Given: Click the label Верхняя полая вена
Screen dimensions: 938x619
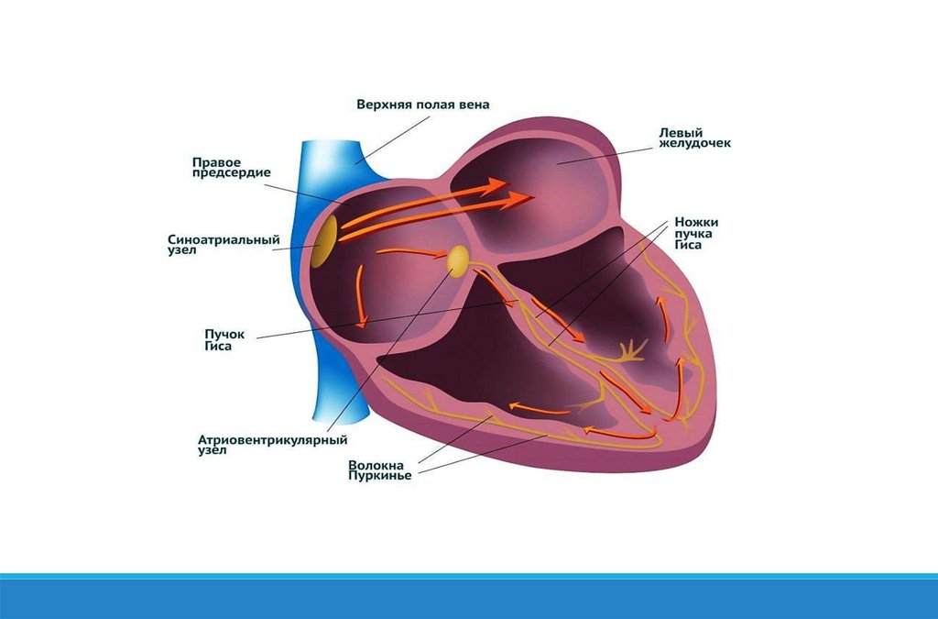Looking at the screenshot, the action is [422, 105].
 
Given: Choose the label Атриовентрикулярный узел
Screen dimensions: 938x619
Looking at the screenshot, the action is [272, 446].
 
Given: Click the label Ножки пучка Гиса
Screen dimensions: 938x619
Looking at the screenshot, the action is [696, 234].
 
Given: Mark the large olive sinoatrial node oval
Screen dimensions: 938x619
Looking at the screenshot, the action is [322, 242].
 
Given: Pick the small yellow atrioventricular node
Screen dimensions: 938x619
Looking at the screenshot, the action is [457, 260].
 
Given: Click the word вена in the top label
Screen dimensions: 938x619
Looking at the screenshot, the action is [474, 105].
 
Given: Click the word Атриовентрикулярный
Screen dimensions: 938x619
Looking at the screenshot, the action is [272, 440].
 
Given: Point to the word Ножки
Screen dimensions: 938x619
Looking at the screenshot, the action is [696, 222].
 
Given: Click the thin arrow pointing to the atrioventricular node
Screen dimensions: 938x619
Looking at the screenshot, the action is [412, 252].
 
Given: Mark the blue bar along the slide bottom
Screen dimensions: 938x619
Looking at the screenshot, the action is [469, 597].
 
